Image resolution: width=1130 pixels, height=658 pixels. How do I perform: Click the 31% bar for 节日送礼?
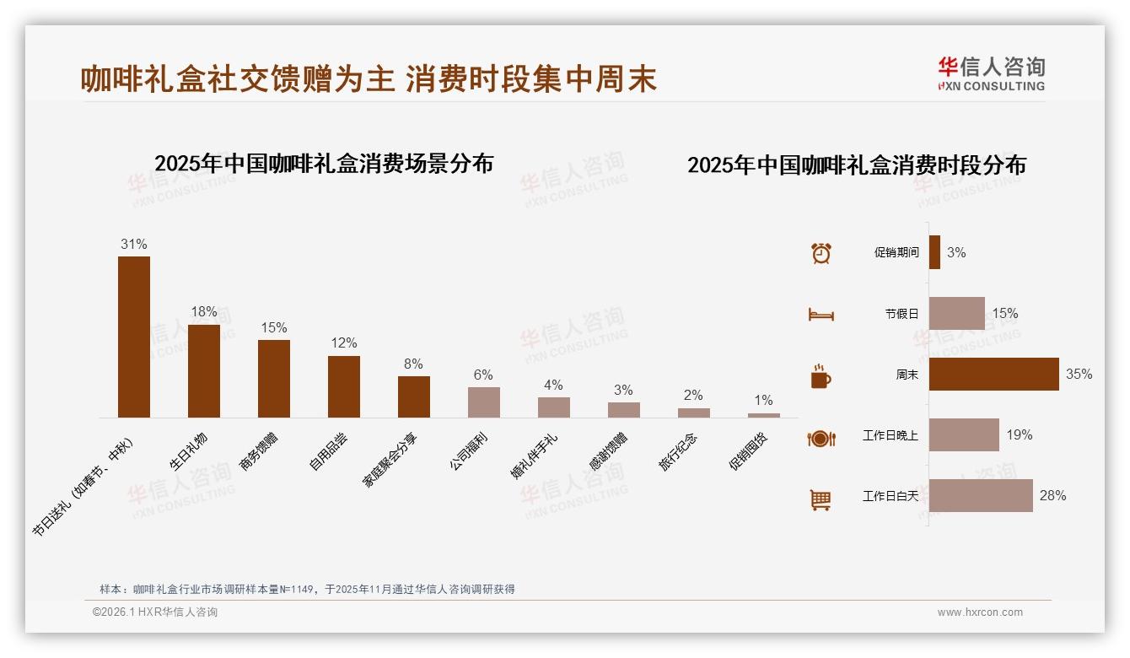pos(134,337)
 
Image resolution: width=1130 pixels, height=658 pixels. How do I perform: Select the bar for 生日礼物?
pos(204,371)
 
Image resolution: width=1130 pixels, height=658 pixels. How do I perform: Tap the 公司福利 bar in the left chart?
pos(484,402)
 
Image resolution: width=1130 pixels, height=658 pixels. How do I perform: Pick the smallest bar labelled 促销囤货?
pos(764,415)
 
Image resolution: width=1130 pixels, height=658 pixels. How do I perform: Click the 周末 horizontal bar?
pos(993,375)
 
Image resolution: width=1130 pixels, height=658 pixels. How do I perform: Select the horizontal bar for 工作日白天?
pos(981,496)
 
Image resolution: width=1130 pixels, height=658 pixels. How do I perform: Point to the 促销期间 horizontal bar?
pos(934,252)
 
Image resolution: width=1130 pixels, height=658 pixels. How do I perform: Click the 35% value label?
pos(1079,375)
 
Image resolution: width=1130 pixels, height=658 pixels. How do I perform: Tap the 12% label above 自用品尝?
pos(344,343)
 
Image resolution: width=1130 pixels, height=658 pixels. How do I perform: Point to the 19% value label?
pos(1019,435)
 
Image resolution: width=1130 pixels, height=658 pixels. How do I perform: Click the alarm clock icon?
pos(821,253)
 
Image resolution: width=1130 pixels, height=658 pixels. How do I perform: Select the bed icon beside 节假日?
pos(821,315)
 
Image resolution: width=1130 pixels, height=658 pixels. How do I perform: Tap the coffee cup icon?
pos(821,376)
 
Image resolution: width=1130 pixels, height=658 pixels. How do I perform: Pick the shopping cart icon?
pos(821,499)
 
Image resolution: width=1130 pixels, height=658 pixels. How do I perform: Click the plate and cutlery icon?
pos(821,438)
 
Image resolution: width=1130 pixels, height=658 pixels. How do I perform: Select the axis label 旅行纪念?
pos(678,450)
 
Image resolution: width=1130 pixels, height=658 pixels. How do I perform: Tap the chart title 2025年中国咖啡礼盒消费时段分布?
pos(856,165)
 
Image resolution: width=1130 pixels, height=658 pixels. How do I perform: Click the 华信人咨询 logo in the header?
pos(991,73)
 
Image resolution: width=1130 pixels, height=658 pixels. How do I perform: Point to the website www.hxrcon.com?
pos(980,612)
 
